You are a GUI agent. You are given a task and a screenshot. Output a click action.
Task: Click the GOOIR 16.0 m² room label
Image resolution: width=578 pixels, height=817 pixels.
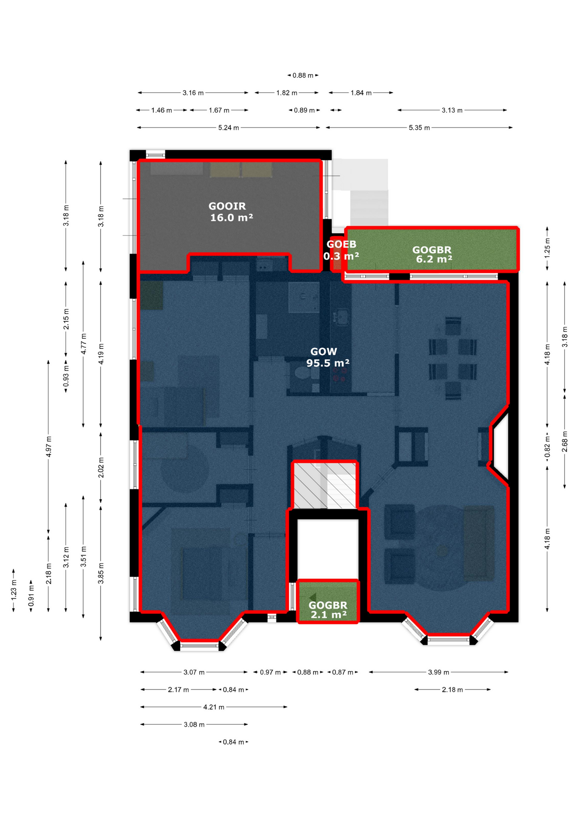(x=231, y=211)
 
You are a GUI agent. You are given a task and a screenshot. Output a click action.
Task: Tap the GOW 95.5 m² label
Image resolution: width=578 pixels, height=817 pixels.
(x=328, y=357)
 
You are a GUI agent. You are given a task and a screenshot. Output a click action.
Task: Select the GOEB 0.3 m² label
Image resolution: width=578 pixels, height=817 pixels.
(x=341, y=250)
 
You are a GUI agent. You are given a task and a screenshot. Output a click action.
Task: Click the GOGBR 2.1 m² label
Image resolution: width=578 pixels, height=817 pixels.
(x=328, y=610)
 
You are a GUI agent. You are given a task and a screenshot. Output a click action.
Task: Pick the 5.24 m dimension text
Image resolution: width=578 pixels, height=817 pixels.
(x=229, y=128)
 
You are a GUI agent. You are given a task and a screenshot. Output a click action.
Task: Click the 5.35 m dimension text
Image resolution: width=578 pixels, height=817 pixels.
(x=419, y=128)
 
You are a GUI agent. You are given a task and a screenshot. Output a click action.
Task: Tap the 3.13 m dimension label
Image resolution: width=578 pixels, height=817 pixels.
(x=452, y=110)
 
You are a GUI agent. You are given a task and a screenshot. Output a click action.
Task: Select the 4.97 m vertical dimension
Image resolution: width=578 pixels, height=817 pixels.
(x=49, y=446)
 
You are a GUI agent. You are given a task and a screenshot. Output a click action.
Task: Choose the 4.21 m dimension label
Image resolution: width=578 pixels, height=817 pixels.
(x=214, y=707)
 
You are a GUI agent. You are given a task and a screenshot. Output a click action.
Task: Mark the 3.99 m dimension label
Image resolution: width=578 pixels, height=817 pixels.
(x=438, y=672)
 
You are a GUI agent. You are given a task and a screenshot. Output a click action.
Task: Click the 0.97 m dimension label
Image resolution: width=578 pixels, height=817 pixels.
(x=270, y=672)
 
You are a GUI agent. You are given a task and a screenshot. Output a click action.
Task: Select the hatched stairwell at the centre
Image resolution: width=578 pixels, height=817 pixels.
(x=325, y=485)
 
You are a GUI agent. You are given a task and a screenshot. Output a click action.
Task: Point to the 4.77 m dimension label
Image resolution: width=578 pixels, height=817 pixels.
(x=84, y=344)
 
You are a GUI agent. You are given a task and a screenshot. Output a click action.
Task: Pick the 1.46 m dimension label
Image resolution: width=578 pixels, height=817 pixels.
(x=162, y=110)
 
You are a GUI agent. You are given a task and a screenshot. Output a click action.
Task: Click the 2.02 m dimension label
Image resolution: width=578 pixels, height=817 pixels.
(x=101, y=468)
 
